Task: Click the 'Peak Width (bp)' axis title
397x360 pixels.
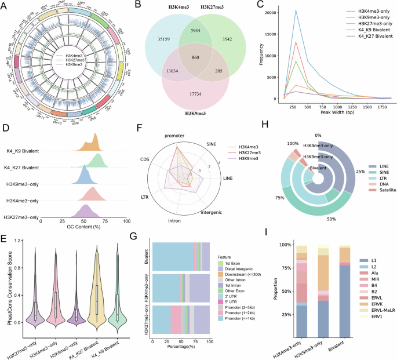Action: click(x=333, y=115)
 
